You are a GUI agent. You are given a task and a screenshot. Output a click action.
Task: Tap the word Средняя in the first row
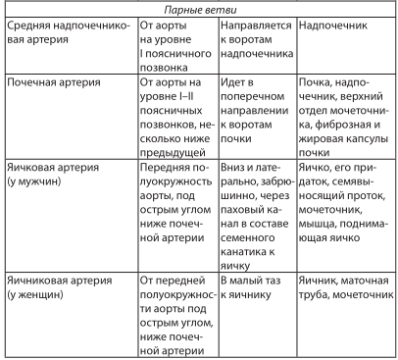(x=30, y=22)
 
